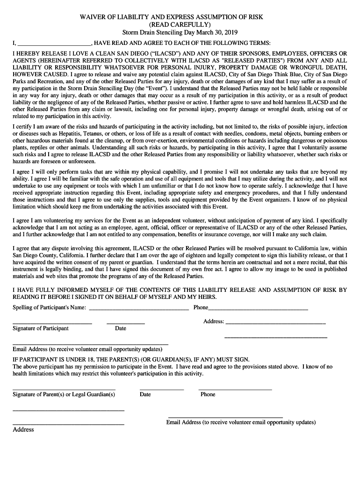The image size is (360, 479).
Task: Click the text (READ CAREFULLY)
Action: tap(180, 24)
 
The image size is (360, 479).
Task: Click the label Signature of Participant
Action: tap(41, 328)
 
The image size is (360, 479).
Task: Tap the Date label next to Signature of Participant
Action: tap(121, 328)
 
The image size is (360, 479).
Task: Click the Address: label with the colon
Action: tap(214, 322)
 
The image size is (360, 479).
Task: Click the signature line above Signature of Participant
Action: tap(52, 323)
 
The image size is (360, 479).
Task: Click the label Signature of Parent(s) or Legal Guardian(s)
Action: tap(64, 394)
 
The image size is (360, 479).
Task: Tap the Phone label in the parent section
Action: tap(208, 394)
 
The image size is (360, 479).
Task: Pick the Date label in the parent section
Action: tap(145, 394)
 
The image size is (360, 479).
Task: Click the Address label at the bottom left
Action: tap(23, 429)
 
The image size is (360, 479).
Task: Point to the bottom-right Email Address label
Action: tap(241, 422)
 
